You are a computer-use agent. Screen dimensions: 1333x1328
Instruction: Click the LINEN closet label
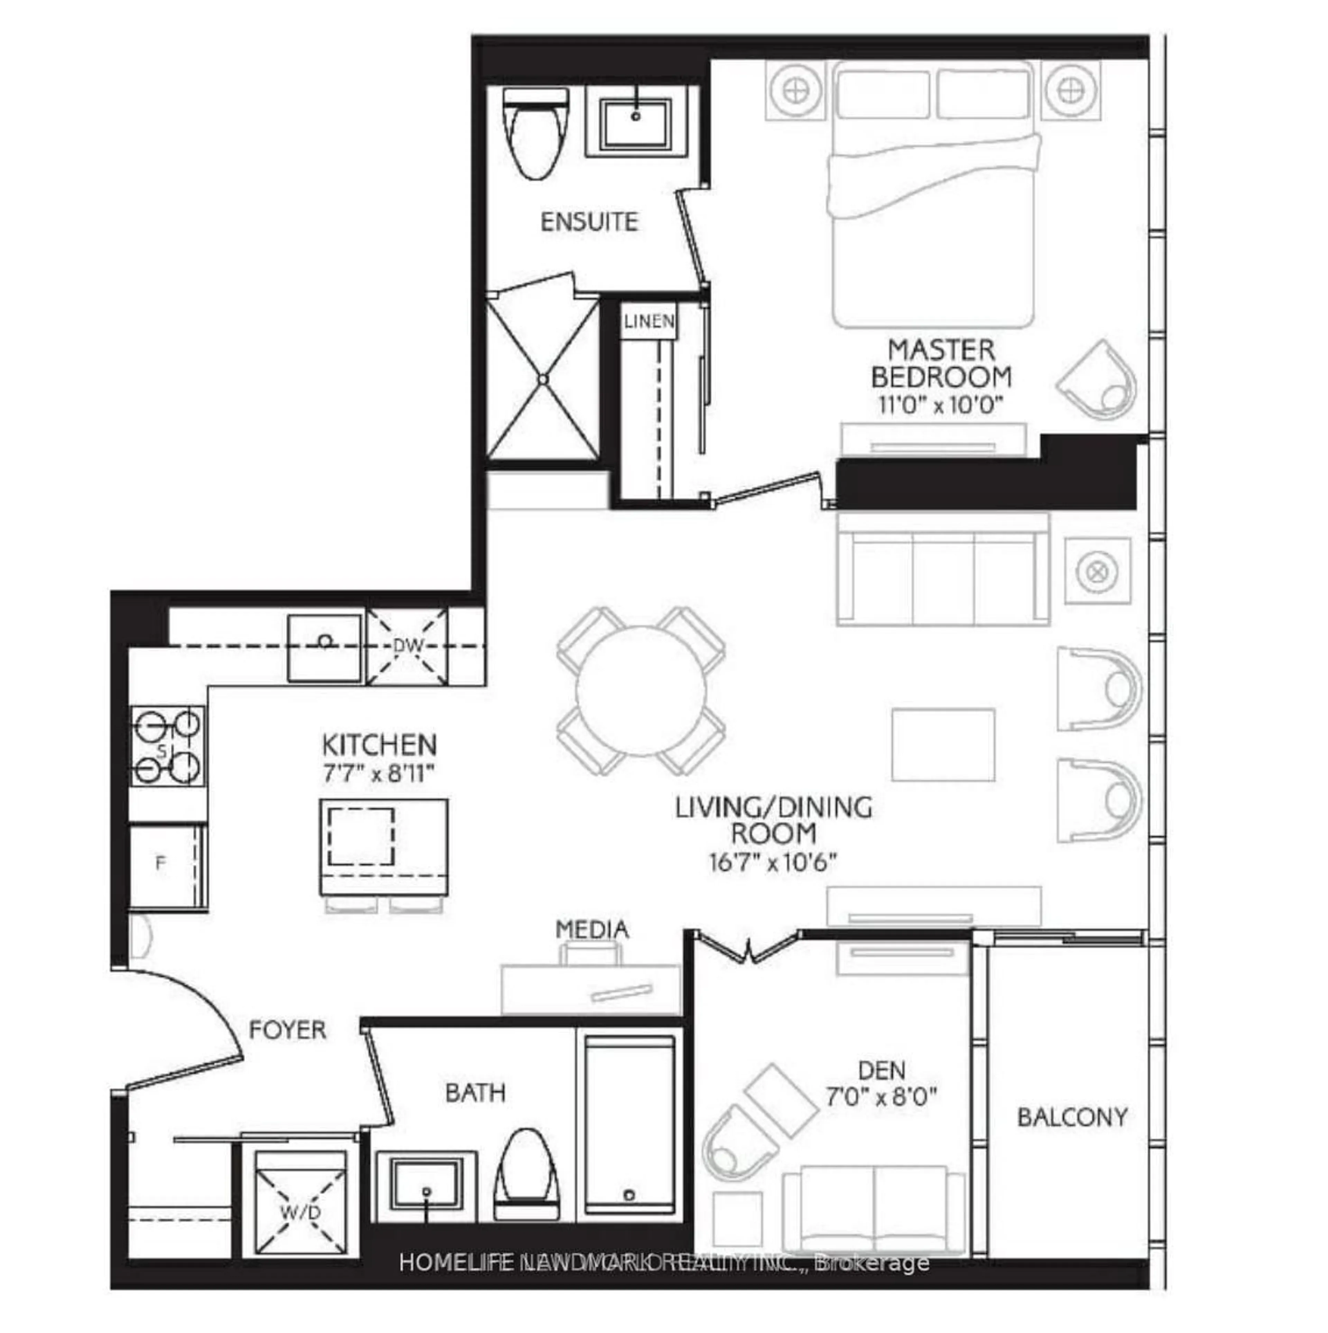click(x=648, y=321)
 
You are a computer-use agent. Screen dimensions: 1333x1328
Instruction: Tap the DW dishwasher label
click(x=407, y=647)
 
